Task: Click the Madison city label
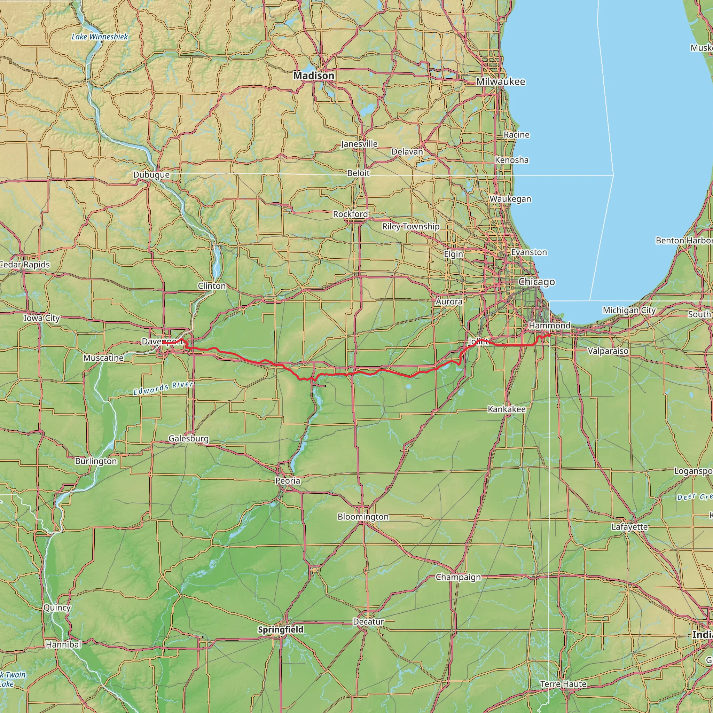[x=314, y=76]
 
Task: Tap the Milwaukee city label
[x=500, y=81]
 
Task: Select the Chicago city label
[x=536, y=282]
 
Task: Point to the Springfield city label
[x=281, y=629]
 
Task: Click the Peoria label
[x=288, y=481]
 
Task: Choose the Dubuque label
[x=151, y=174]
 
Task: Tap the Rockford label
[x=350, y=214]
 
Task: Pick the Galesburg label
[x=189, y=438]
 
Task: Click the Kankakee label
[x=507, y=409]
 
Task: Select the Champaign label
[x=459, y=577]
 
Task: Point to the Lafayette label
[x=629, y=527]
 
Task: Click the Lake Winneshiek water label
[x=100, y=37]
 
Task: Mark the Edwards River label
[x=164, y=388]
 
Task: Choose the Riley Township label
[x=411, y=227]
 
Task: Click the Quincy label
[x=57, y=608]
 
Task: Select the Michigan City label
[x=629, y=310]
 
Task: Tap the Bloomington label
[x=363, y=517]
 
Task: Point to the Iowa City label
[x=42, y=318]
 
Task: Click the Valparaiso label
[x=608, y=351]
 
